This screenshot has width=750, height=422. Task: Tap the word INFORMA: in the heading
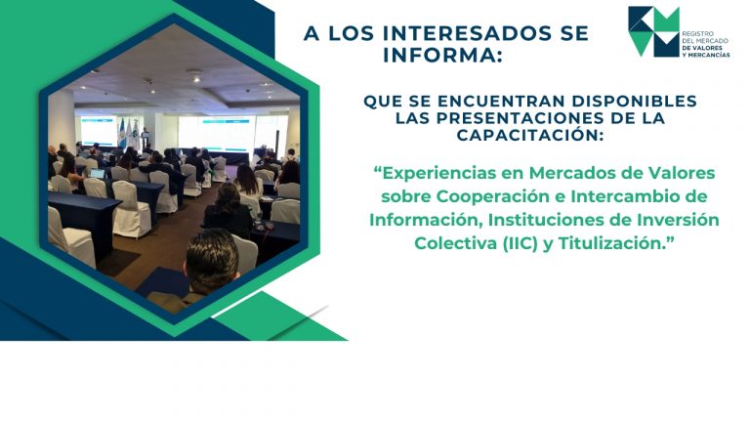pyautogui.click(x=443, y=55)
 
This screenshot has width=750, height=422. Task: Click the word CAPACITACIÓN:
pyautogui.click(x=529, y=135)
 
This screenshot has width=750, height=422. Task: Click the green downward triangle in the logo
pyautogui.click(x=641, y=44)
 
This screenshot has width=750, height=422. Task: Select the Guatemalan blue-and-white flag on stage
pyautogui.click(x=121, y=133)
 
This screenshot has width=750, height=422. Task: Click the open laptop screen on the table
pyautogui.click(x=97, y=173)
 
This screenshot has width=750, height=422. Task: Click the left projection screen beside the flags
pyautogui.click(x=99, y=130)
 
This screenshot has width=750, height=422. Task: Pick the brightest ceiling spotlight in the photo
pyautogui.click(x=196, y=79)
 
